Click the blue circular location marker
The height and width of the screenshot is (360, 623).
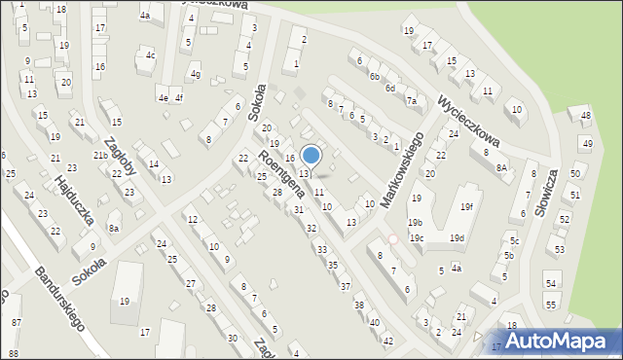311,155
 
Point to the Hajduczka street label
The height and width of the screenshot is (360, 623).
74,201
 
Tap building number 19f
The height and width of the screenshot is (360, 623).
467,206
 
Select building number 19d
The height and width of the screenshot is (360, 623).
456,238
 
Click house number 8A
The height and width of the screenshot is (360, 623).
501,167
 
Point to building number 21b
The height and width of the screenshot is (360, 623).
100,156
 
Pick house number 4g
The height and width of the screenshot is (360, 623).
196,74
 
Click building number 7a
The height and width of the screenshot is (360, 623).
412,101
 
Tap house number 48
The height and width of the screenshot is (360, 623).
585,116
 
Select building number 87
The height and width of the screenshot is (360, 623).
15,322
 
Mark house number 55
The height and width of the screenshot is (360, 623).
552,306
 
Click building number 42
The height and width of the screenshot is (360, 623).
387,341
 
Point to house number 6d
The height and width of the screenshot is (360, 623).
389,89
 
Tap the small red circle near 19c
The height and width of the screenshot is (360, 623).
393,238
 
